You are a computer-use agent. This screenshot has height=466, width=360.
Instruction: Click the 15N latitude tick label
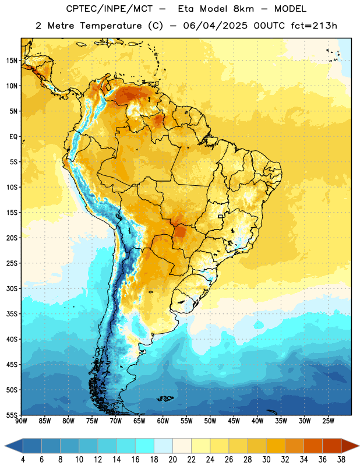point(12,61)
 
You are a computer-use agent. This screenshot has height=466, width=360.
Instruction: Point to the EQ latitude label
point(13,137)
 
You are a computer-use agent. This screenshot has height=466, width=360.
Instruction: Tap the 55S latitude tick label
point(12,415)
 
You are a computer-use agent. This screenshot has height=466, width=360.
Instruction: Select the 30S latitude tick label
point(12,288)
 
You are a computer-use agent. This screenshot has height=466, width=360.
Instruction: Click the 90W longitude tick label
point(21,421)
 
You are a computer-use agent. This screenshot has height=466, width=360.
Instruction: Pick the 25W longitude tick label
point(328,421)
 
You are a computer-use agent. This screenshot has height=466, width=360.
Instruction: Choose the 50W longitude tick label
point(210,421)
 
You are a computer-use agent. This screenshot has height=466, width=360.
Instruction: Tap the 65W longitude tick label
point(139,421)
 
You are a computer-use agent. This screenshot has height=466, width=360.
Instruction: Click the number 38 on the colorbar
point(341,460)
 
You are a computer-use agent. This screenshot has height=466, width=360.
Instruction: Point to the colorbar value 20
point(172,460)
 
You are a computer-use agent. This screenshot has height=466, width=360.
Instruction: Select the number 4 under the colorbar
point(23,460)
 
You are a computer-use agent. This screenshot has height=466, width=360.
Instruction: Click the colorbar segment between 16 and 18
point(145,446)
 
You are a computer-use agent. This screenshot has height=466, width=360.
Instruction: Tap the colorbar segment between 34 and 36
point(313,446)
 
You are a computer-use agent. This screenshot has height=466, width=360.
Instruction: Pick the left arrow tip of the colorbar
point(5,446)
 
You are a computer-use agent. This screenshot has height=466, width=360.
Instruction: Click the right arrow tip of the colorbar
point(359,446)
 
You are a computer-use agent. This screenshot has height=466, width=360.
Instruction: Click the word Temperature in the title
point(111,26)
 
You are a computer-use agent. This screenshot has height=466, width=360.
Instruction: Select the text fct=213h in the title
point(314,26)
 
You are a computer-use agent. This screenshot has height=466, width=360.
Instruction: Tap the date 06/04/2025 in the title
point(215,26)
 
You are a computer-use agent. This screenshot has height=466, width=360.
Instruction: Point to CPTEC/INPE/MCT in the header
point(110,9)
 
